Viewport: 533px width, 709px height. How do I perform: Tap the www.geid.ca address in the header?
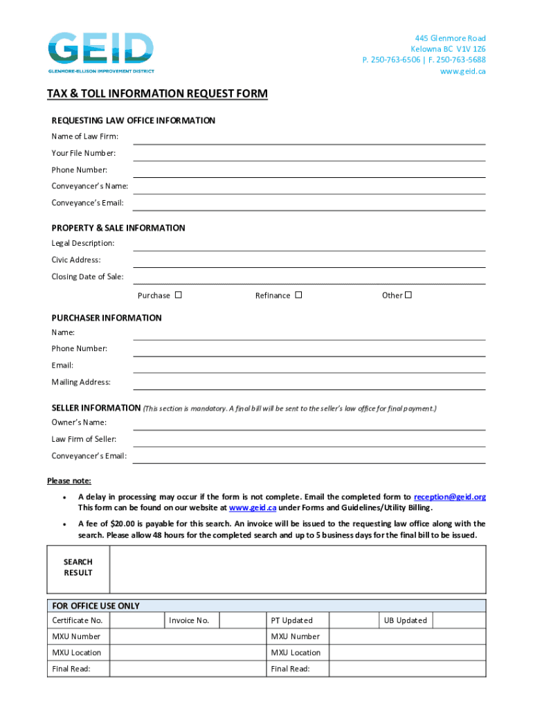pos(463,71)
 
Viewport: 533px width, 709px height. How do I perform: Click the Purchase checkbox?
pos(178,295)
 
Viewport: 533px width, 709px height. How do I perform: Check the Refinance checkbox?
pos(298,295)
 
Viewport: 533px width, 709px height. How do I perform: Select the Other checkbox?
pos(408,295)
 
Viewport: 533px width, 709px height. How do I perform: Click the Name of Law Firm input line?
pos(309,138)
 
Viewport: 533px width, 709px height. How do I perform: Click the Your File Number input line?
pos(309,155)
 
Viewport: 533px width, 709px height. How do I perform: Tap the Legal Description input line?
pos(309,245)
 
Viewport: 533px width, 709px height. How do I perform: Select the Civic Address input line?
pos(309,262)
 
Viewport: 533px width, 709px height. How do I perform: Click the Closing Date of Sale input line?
pos(309,278)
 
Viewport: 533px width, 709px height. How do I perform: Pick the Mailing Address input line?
pos(309,384)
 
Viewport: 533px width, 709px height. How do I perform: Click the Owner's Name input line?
pos(309,424)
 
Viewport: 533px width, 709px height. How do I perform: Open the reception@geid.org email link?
pos(449,497)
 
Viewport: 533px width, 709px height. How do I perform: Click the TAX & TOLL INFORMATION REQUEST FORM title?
pos(157,93)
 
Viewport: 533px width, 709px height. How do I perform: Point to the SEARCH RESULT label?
pos(78,568)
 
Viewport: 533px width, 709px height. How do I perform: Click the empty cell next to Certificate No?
pos(136,620)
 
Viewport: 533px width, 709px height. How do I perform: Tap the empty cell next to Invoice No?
pos(240,620)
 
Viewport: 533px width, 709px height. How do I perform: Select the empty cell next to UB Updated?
pos(459,620)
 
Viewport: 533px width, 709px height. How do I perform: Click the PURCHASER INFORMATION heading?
pos(107,318)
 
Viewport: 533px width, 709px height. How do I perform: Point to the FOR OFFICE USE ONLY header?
pos(96,606)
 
